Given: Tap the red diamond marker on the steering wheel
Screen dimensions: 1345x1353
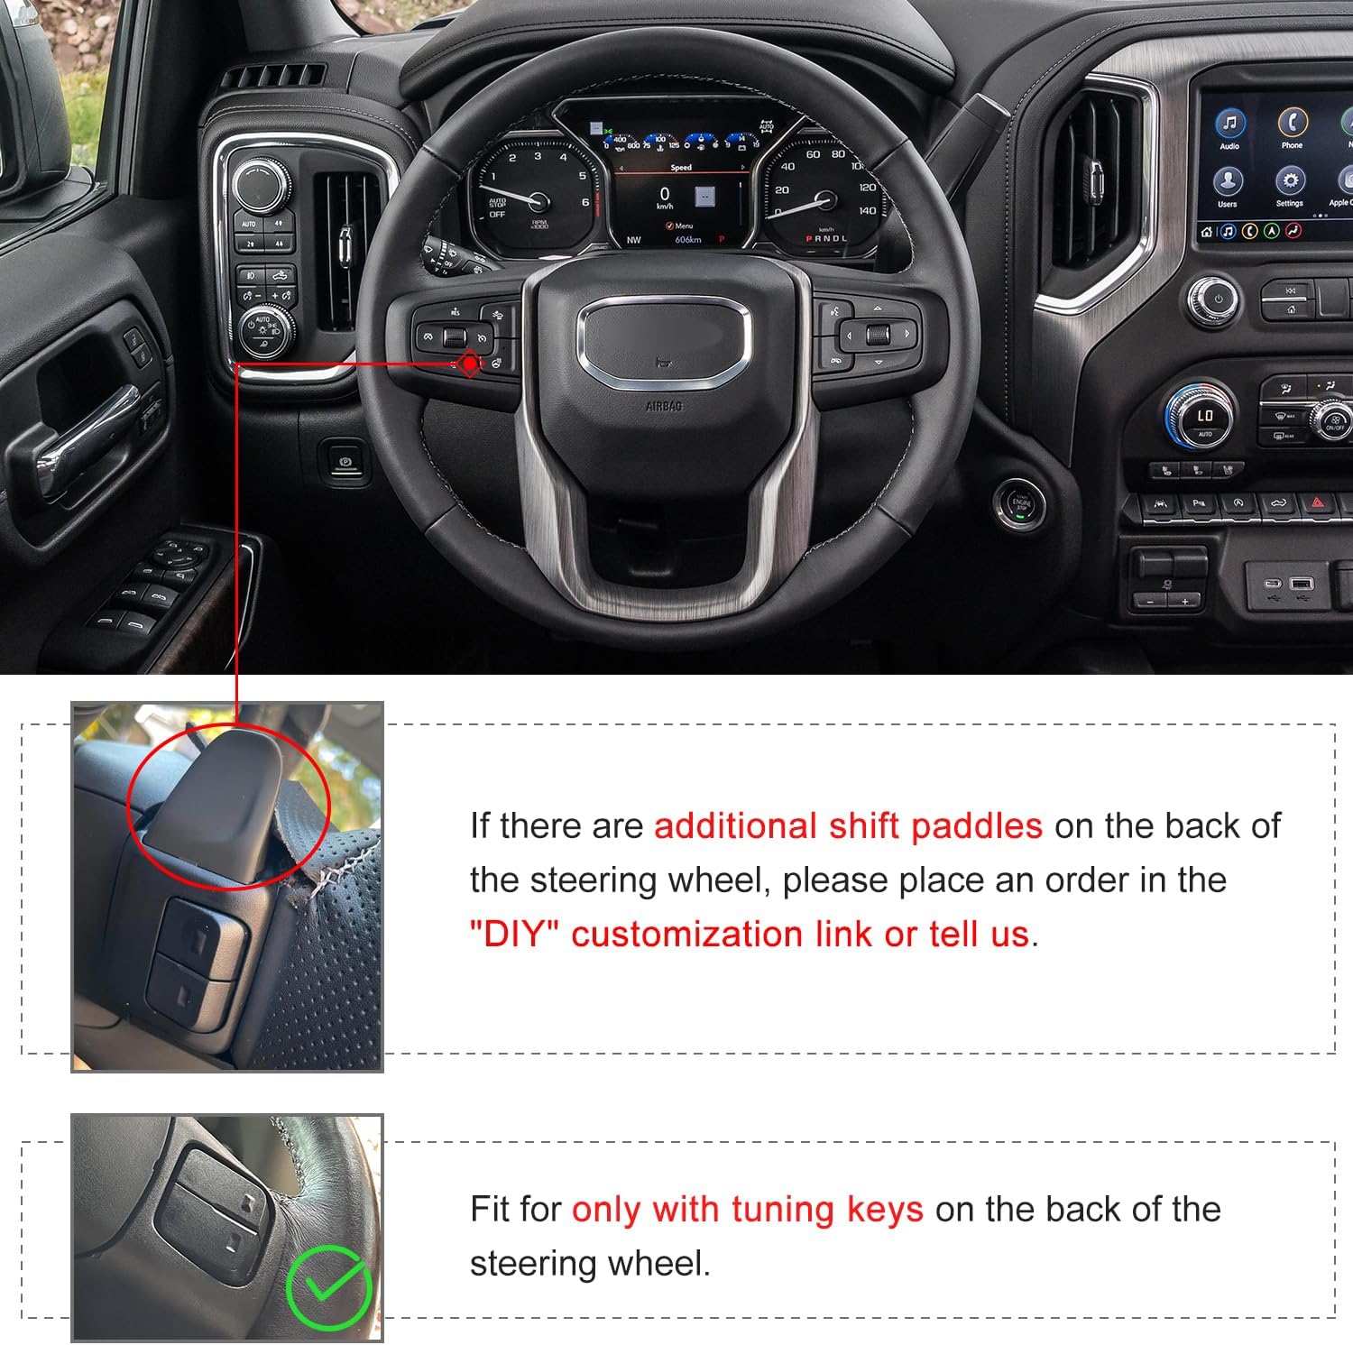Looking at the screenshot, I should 470,364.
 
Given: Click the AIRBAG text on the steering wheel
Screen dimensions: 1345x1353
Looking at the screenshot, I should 664,407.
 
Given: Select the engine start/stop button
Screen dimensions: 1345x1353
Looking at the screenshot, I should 1019,502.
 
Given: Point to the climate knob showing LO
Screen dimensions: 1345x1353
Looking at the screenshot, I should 1204,416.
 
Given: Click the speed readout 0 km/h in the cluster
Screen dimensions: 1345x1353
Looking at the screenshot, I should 665,196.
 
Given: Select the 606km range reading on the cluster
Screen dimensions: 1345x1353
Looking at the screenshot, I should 687,240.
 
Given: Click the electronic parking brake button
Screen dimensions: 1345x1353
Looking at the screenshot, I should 345,461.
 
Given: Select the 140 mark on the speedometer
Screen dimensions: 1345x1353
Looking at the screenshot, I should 867,210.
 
